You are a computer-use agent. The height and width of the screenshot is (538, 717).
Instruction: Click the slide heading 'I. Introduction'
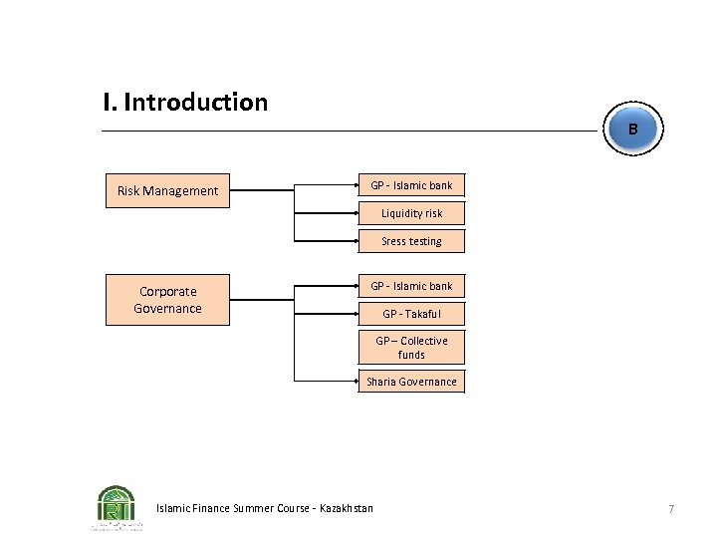185,103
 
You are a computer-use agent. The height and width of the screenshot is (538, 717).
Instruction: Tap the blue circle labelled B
632,130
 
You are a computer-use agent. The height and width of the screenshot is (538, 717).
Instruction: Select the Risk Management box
167,190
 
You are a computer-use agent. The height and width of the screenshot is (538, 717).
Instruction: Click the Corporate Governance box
167,300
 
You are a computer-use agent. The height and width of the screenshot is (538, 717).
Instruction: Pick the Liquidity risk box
411,213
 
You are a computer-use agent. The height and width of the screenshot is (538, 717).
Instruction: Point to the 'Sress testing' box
411,241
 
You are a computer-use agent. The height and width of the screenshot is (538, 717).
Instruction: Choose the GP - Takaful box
411,314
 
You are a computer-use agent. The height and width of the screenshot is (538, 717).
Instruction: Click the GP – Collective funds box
411,348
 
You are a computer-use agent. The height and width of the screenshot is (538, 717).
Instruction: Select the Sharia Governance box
411,382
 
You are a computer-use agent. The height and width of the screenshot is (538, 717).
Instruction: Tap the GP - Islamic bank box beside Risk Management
411,186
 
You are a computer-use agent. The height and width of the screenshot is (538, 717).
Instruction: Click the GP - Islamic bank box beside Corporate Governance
411,286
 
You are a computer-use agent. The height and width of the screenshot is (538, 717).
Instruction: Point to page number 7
671,509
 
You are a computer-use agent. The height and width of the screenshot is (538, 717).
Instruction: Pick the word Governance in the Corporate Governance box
167,309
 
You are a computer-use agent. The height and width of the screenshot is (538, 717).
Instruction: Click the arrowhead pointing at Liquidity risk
356,213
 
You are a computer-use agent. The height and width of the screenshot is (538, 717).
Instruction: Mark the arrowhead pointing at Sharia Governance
356,382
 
